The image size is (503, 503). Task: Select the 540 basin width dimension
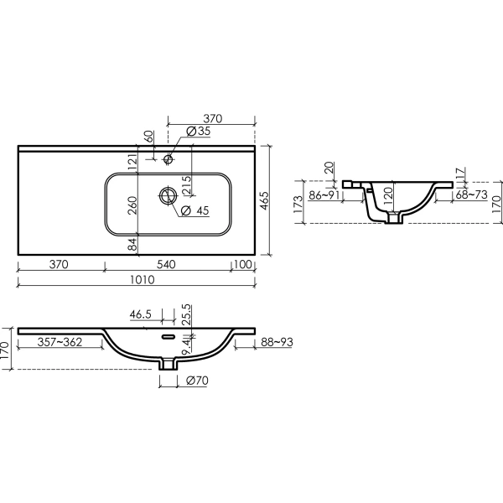click(166, 264)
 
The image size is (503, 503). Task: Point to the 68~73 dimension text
click(473, 195)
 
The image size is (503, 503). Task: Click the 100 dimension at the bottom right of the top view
click(243, 264)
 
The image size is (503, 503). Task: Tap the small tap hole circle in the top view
click(169, 158)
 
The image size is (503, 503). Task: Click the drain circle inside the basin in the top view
click(169, 195)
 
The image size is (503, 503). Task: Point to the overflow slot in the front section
click(169, 337)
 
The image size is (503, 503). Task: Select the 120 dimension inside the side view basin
click(387, 197)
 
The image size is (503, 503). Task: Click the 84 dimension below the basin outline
click(132, 245)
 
